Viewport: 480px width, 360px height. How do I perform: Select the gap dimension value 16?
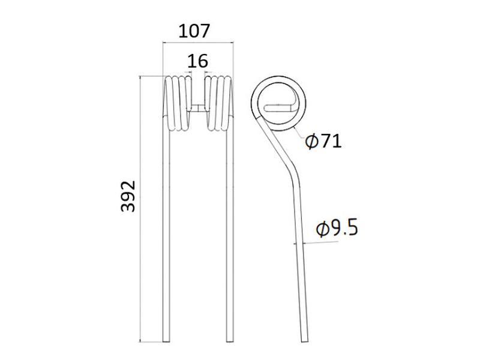tap(197, 61)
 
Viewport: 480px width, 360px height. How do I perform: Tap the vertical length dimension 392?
tap(128, 196)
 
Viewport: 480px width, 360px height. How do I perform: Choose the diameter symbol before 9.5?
tap(322, 229)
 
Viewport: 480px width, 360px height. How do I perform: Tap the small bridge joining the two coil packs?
tap(198, 109)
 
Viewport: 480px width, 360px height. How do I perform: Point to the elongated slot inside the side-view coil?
tap(280, 108)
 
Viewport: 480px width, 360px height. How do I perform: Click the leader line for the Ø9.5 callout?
tap(318, 242)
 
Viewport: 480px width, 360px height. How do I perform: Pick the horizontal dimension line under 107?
tap(197, 43)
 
